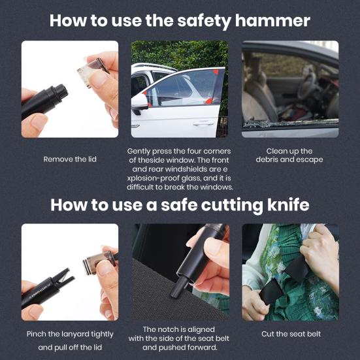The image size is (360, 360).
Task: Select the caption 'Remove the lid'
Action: pyautogui.click(x=69, y=159)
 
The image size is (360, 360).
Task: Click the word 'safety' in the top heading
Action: pyautogui.click(x=196, y=20)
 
